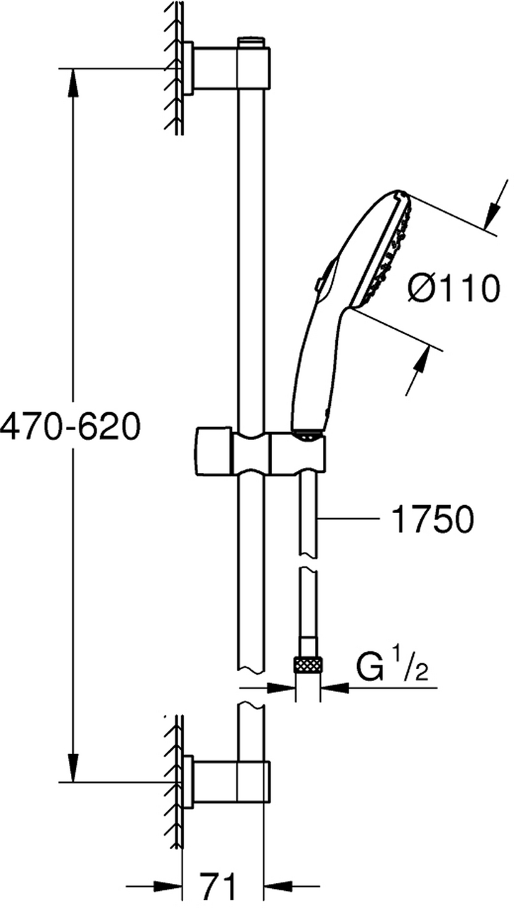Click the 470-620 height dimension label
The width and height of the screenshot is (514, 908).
click(x=70, y=427)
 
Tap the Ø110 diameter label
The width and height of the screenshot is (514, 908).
click(x=454, y=288)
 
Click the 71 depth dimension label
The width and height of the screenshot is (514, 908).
click(x=218, y=889)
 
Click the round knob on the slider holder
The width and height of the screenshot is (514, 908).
click(x=214, y=450)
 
